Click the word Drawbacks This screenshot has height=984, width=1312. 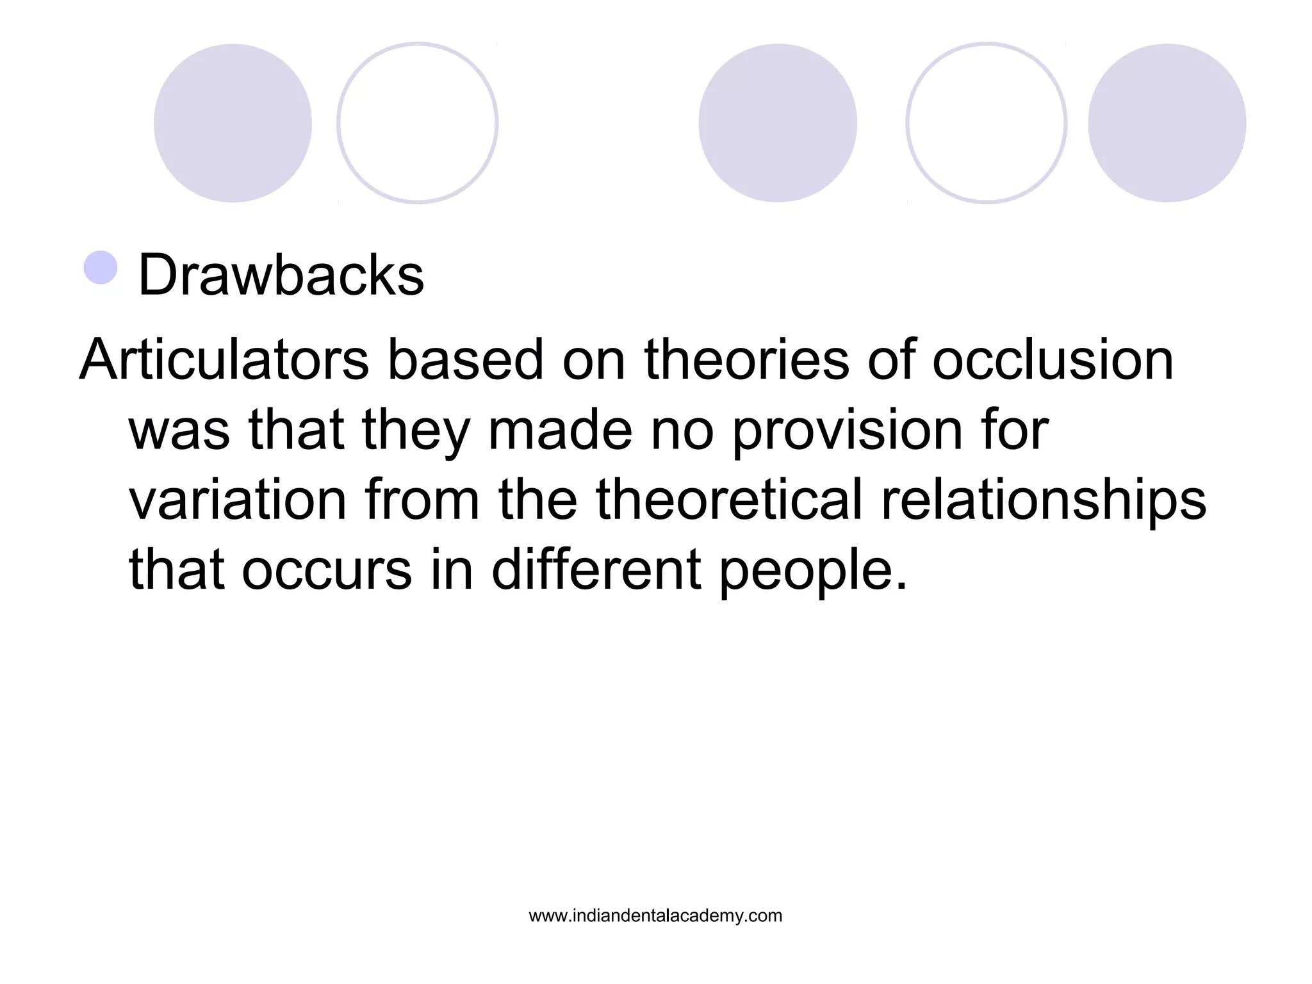point(281,275)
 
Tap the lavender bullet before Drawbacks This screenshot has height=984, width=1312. point(101,268)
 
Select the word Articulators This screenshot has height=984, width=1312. point(224,360)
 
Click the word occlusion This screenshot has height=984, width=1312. point(1053,360)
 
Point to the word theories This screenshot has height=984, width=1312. point(747,360)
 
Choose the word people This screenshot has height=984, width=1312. point(813,570)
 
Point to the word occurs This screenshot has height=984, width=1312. point(327,570)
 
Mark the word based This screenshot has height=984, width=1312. point(466,360)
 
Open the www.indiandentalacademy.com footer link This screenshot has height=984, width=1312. point(655,916)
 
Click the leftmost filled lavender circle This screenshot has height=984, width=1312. point(233,123)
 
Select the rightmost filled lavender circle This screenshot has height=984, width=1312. point(1167,123)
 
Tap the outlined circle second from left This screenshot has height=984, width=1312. point(418,123)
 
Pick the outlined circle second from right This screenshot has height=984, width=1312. point(987,123)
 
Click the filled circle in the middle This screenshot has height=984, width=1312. point(778,123)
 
